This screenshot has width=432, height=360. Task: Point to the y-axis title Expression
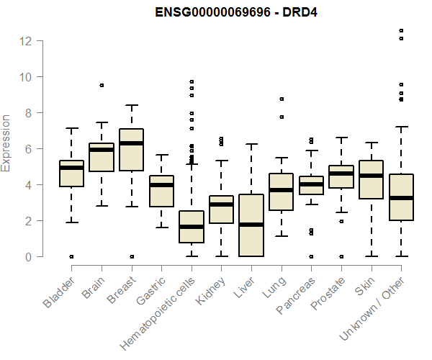tap(6, 142)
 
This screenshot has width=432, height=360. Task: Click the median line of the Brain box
tap(102, 150)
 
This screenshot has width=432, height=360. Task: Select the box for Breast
tap(131, 150)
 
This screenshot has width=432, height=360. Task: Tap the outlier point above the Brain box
tap(102, 85)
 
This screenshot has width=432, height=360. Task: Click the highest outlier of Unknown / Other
tap(401, 31)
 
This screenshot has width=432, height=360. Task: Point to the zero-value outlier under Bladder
tap(71, 256)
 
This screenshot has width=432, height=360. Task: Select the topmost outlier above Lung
tap(282, 99)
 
